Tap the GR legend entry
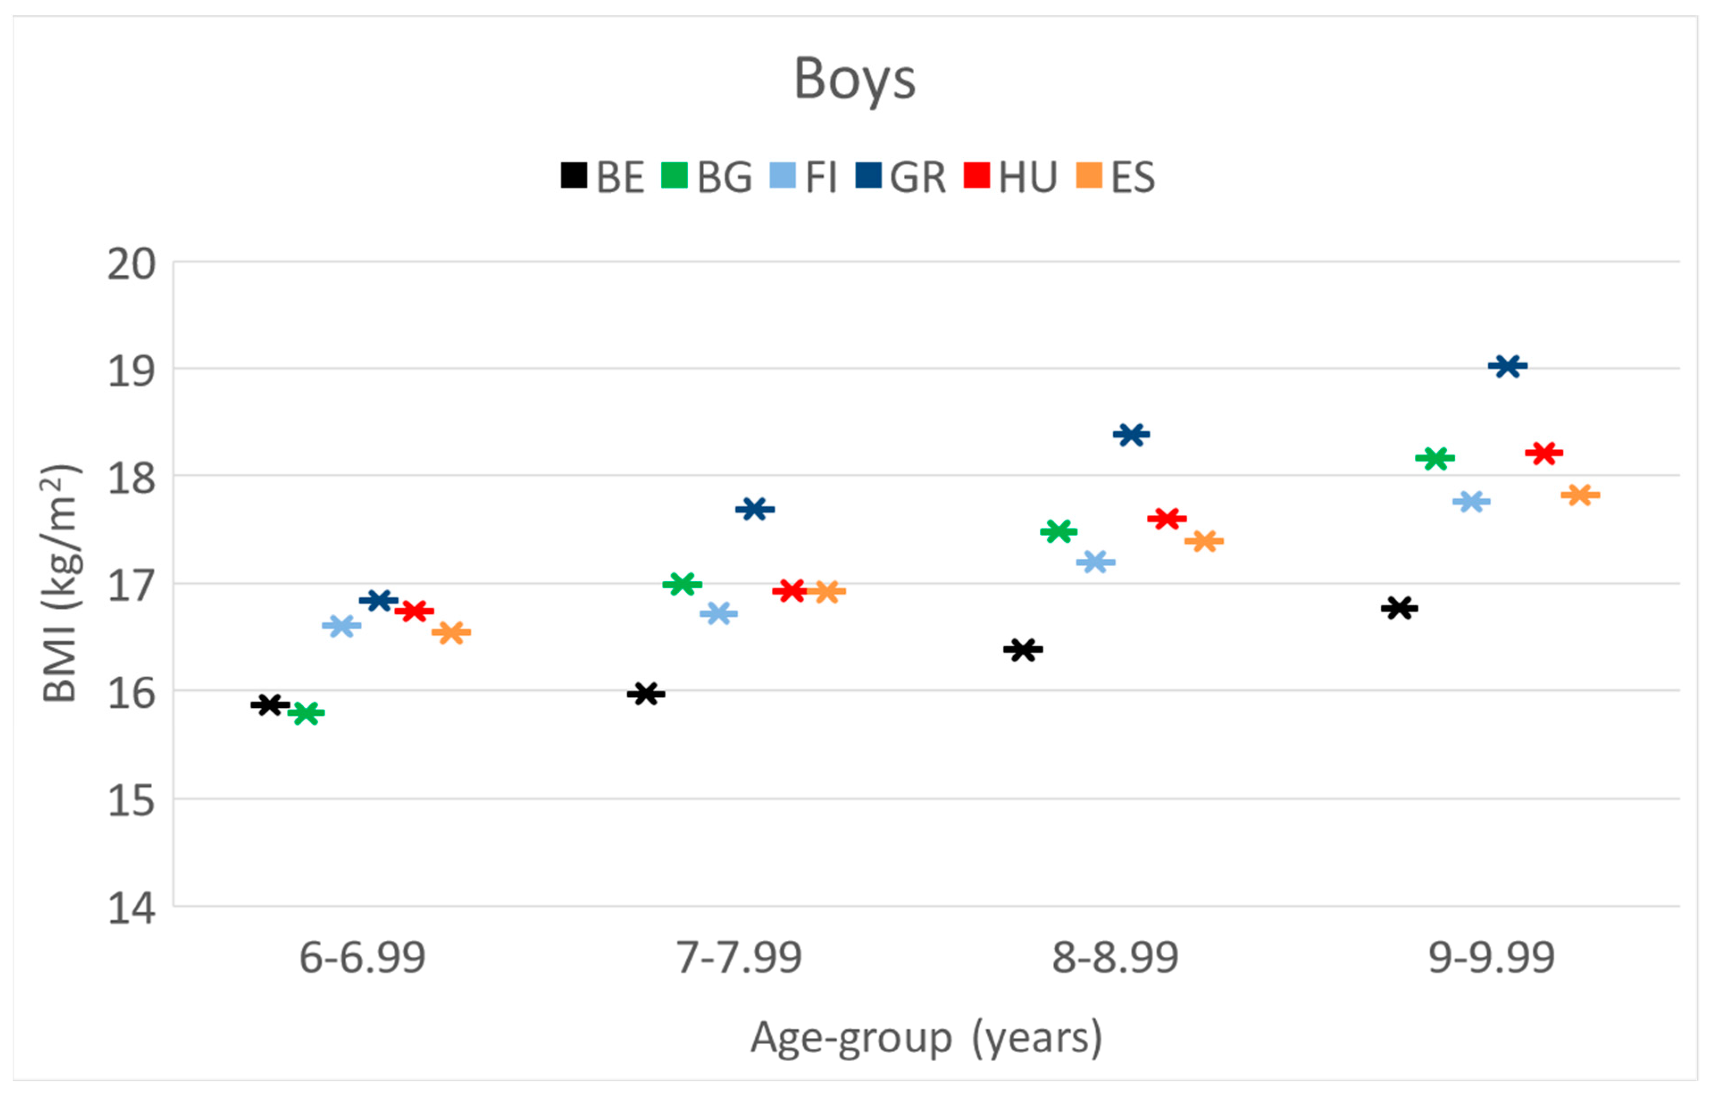(x=900, y=177)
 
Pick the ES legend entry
(x=1115, y=177)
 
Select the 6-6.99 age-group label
(x=362, y=957)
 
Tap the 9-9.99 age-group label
(x=1491, y=957)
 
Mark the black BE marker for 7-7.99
(x=646, y=693)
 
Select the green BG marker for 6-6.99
(x=306, y=712)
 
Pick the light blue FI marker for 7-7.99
(x=718, y=613)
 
